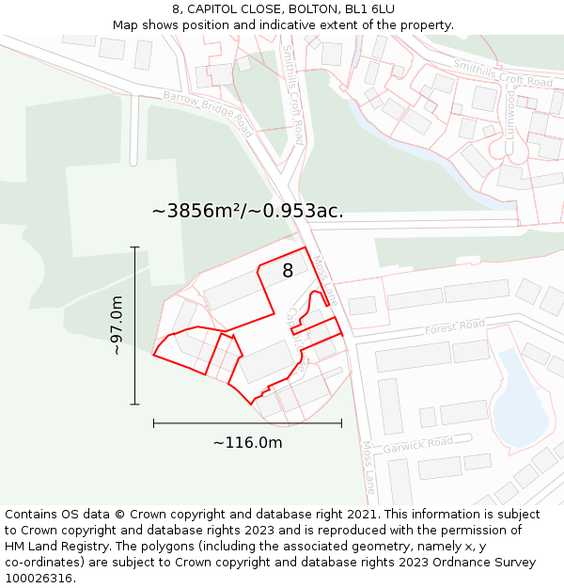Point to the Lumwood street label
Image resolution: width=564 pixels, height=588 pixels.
pos(510,113)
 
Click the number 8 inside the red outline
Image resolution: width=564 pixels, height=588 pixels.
pos(288,271)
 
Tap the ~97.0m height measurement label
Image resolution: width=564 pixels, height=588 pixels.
pos(117,325)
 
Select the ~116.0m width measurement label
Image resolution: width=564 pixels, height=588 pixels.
pos(247,443)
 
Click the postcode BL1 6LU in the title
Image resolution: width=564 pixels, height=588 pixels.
pos(369,8)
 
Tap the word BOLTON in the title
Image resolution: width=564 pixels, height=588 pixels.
pos(304,8)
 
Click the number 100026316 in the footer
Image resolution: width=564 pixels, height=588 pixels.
pos(40,579)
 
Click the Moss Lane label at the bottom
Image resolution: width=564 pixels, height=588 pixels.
pos(368,468)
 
